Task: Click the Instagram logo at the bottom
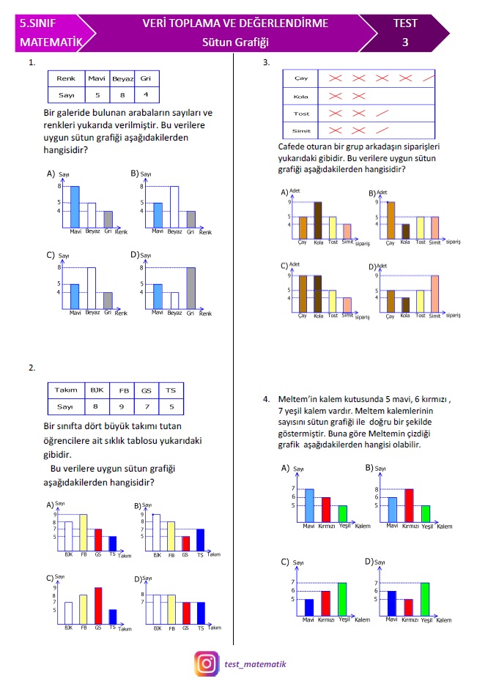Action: coord(207,663)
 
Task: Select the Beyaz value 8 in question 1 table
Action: coord(122,94)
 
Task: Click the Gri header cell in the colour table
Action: coord(146,78)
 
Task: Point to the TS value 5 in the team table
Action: coord(171,406)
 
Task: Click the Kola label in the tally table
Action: coord(300,96)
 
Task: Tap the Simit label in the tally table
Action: coord(300,130)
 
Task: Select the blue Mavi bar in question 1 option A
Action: coord(74,207)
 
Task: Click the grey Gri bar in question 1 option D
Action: coord(191,289)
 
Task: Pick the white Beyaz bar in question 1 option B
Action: coord(174,207)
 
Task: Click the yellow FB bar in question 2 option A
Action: coord(83,532)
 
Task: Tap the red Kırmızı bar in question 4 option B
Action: coord(409,505)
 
